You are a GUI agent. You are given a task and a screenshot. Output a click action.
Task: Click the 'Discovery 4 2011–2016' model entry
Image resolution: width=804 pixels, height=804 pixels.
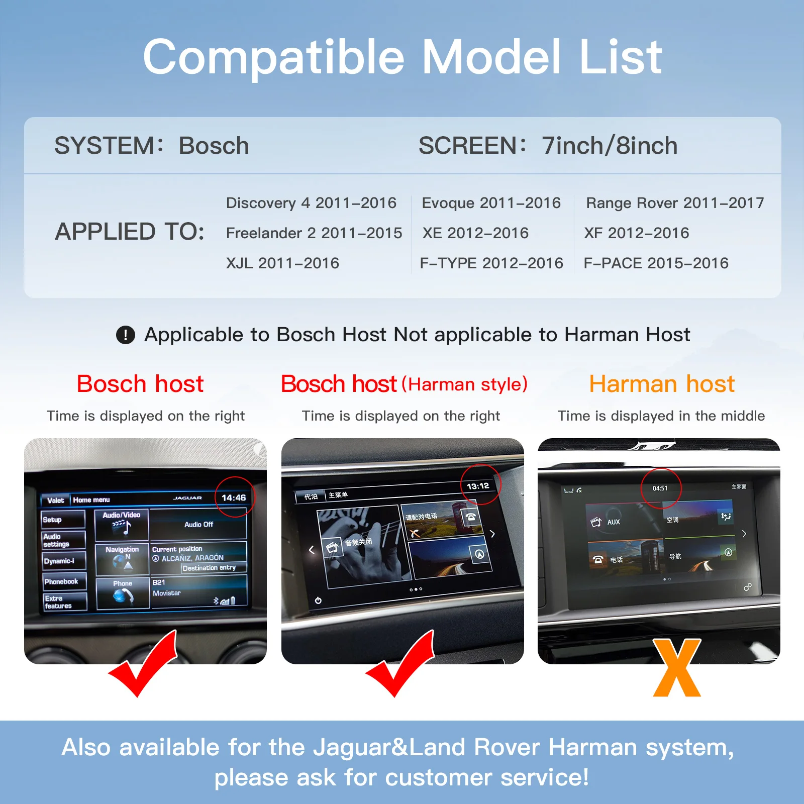pos(311,203)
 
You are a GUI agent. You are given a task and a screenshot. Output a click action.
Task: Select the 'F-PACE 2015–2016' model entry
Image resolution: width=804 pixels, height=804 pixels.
pos(656,263)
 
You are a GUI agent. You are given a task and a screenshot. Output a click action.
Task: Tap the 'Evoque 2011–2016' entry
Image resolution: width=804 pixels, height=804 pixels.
pos(491,203)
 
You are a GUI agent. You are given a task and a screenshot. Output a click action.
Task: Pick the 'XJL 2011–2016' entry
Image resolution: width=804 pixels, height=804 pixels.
pos(282,263)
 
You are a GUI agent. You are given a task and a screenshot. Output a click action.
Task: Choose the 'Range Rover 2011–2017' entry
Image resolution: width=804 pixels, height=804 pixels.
pos(674,203)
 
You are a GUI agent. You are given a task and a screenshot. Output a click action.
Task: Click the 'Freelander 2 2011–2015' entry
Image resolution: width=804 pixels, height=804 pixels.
pos(314,233)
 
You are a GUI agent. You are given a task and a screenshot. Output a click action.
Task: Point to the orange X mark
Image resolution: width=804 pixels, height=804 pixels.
pos(677,668)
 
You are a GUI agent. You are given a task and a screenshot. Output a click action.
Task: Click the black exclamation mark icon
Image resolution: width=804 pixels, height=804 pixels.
pos(126,335)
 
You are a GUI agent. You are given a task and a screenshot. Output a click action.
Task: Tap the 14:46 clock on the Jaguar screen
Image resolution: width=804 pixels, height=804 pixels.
pos(234,497)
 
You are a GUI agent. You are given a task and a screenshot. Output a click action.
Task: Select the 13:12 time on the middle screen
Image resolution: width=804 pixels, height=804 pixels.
pos(478,486)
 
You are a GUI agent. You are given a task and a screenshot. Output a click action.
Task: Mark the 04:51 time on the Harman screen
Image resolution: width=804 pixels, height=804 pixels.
pos(660,488)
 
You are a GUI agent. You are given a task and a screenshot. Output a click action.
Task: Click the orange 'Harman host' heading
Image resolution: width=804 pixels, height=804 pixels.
pos(661,384)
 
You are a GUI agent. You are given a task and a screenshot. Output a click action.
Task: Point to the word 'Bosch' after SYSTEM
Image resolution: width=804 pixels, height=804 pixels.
pos(214,146)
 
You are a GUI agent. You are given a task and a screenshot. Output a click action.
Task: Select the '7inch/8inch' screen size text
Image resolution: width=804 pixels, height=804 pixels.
pos(609,146)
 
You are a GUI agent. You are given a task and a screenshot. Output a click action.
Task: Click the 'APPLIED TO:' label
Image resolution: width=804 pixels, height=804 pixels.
pos(130,232)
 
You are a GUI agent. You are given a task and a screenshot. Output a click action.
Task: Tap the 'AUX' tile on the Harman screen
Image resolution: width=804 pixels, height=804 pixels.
pos(613,522)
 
